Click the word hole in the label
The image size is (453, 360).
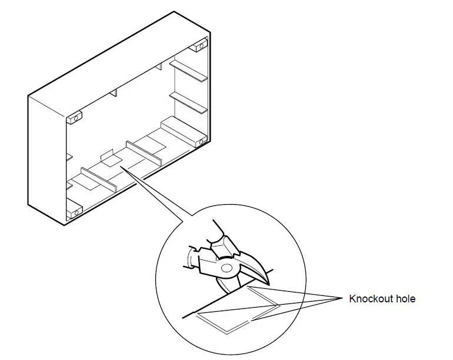[406, 299]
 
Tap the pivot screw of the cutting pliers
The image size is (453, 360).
[227, 269]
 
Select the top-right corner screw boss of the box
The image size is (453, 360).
[200, 45]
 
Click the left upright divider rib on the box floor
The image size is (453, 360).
[98, 180]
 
